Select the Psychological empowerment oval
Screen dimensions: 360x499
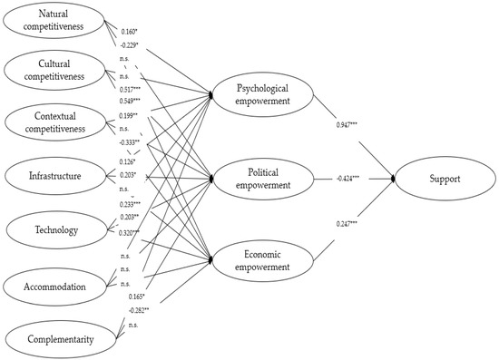point(260,94)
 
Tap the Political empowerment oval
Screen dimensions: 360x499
point(260,179)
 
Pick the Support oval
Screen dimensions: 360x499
point(442,178)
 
